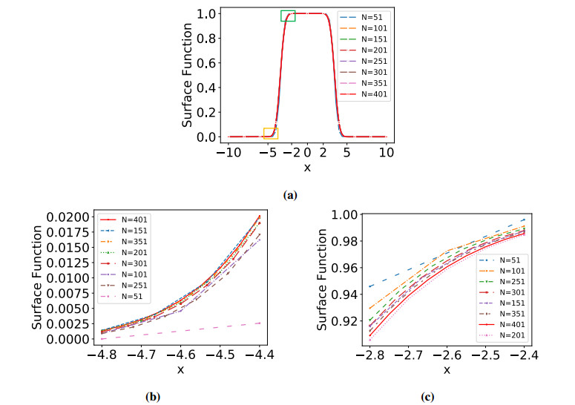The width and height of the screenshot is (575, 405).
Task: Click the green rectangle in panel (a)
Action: [288, 16]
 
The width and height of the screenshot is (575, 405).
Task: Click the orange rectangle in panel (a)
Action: [270, 134]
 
